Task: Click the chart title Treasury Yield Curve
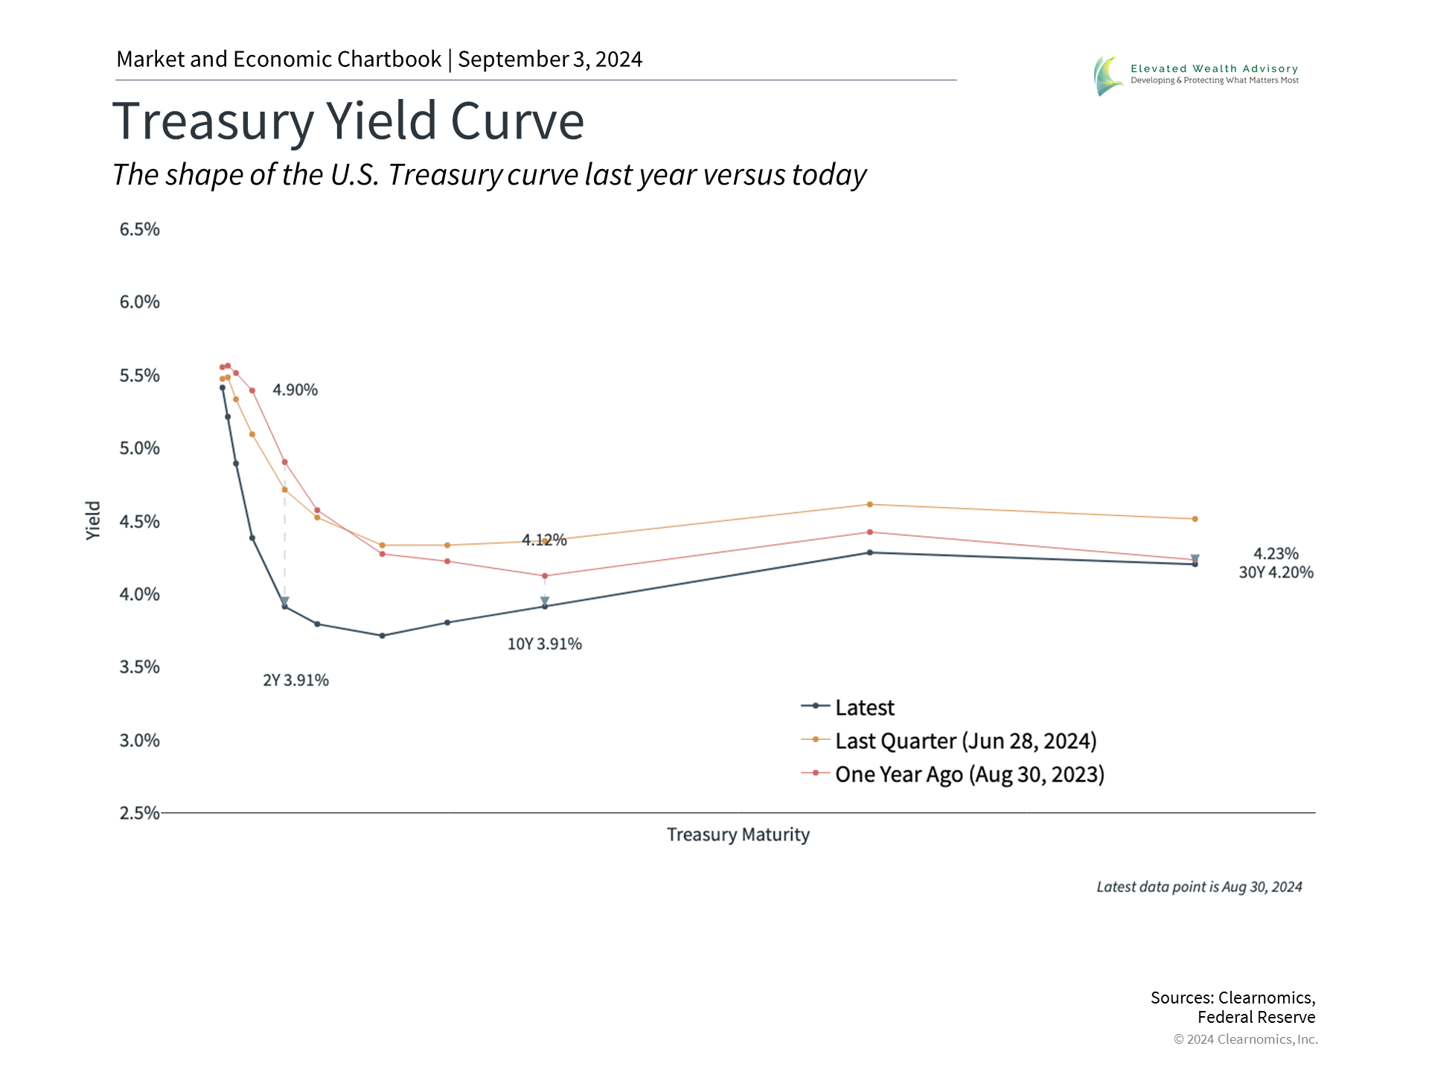(348, 121)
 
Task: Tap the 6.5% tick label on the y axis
(140, 229)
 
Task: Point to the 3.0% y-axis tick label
(140, 741)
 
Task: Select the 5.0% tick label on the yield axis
(140, 448)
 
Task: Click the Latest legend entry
(864, 707)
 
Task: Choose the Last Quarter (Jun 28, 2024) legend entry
(965, 741)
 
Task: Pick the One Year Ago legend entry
(969, 774)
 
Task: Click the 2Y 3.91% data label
(295, 680)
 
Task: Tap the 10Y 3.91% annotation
(545, 644)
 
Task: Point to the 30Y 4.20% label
(1276, 572)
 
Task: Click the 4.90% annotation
(295, 390)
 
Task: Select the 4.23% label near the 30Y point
(1276, 554)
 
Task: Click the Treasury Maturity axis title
(738, 835)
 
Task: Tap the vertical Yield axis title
(93, 520)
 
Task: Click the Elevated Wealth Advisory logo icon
(1108, 75)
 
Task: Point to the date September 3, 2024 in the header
(550, 59)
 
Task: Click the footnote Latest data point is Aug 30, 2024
(1199, 887)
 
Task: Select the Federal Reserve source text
(1256, 1017)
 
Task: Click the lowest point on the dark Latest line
(382, 636)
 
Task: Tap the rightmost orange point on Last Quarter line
(1195, 519)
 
